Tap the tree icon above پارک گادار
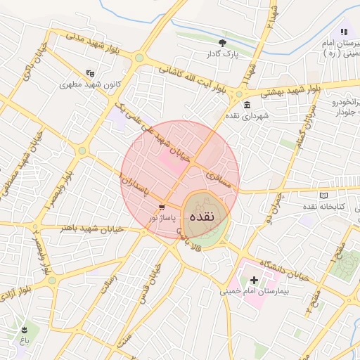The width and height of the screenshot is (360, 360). [223, 42]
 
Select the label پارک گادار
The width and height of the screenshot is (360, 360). [223, 53]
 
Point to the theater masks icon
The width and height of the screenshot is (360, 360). [89, 72]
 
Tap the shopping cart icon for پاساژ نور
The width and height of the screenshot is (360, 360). [162, 208]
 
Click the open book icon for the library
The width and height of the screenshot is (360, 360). [323, 195]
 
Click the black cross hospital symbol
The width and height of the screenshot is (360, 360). [254, 280]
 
